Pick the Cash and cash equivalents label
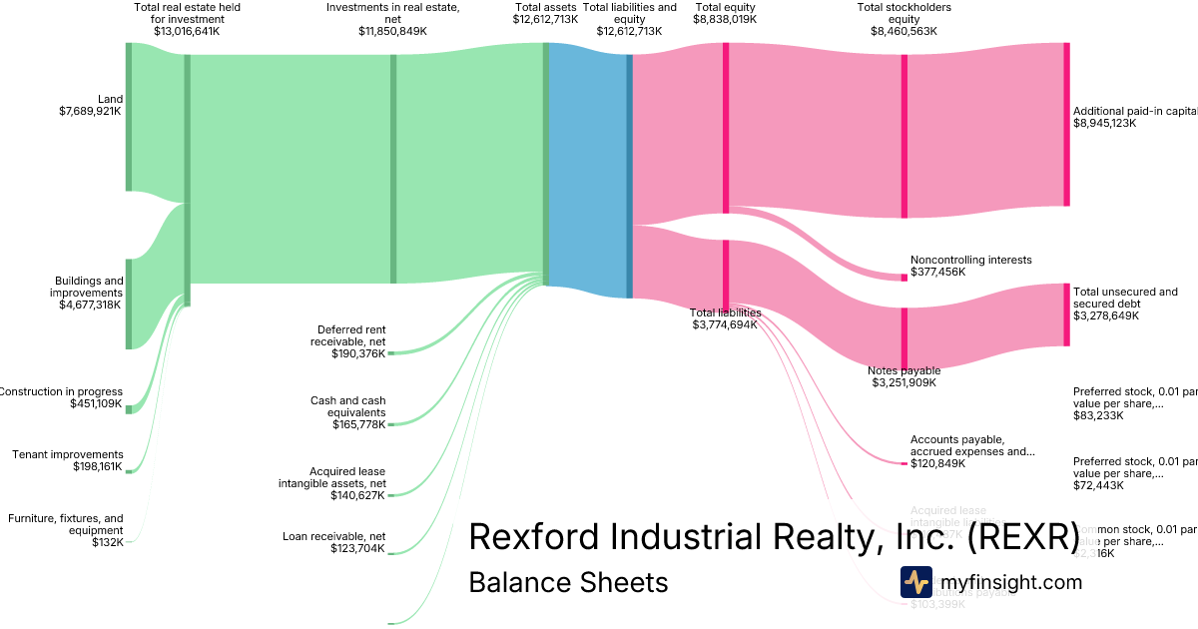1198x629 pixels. coord(347,406)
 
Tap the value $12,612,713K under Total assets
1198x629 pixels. coord(545,19)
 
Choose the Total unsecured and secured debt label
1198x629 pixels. coord(1125,298)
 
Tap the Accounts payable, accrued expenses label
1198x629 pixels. coord(971,445)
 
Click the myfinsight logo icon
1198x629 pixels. coord(915,582)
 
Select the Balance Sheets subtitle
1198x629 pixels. coord(568,582)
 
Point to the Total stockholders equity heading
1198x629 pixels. coord(903,13)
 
